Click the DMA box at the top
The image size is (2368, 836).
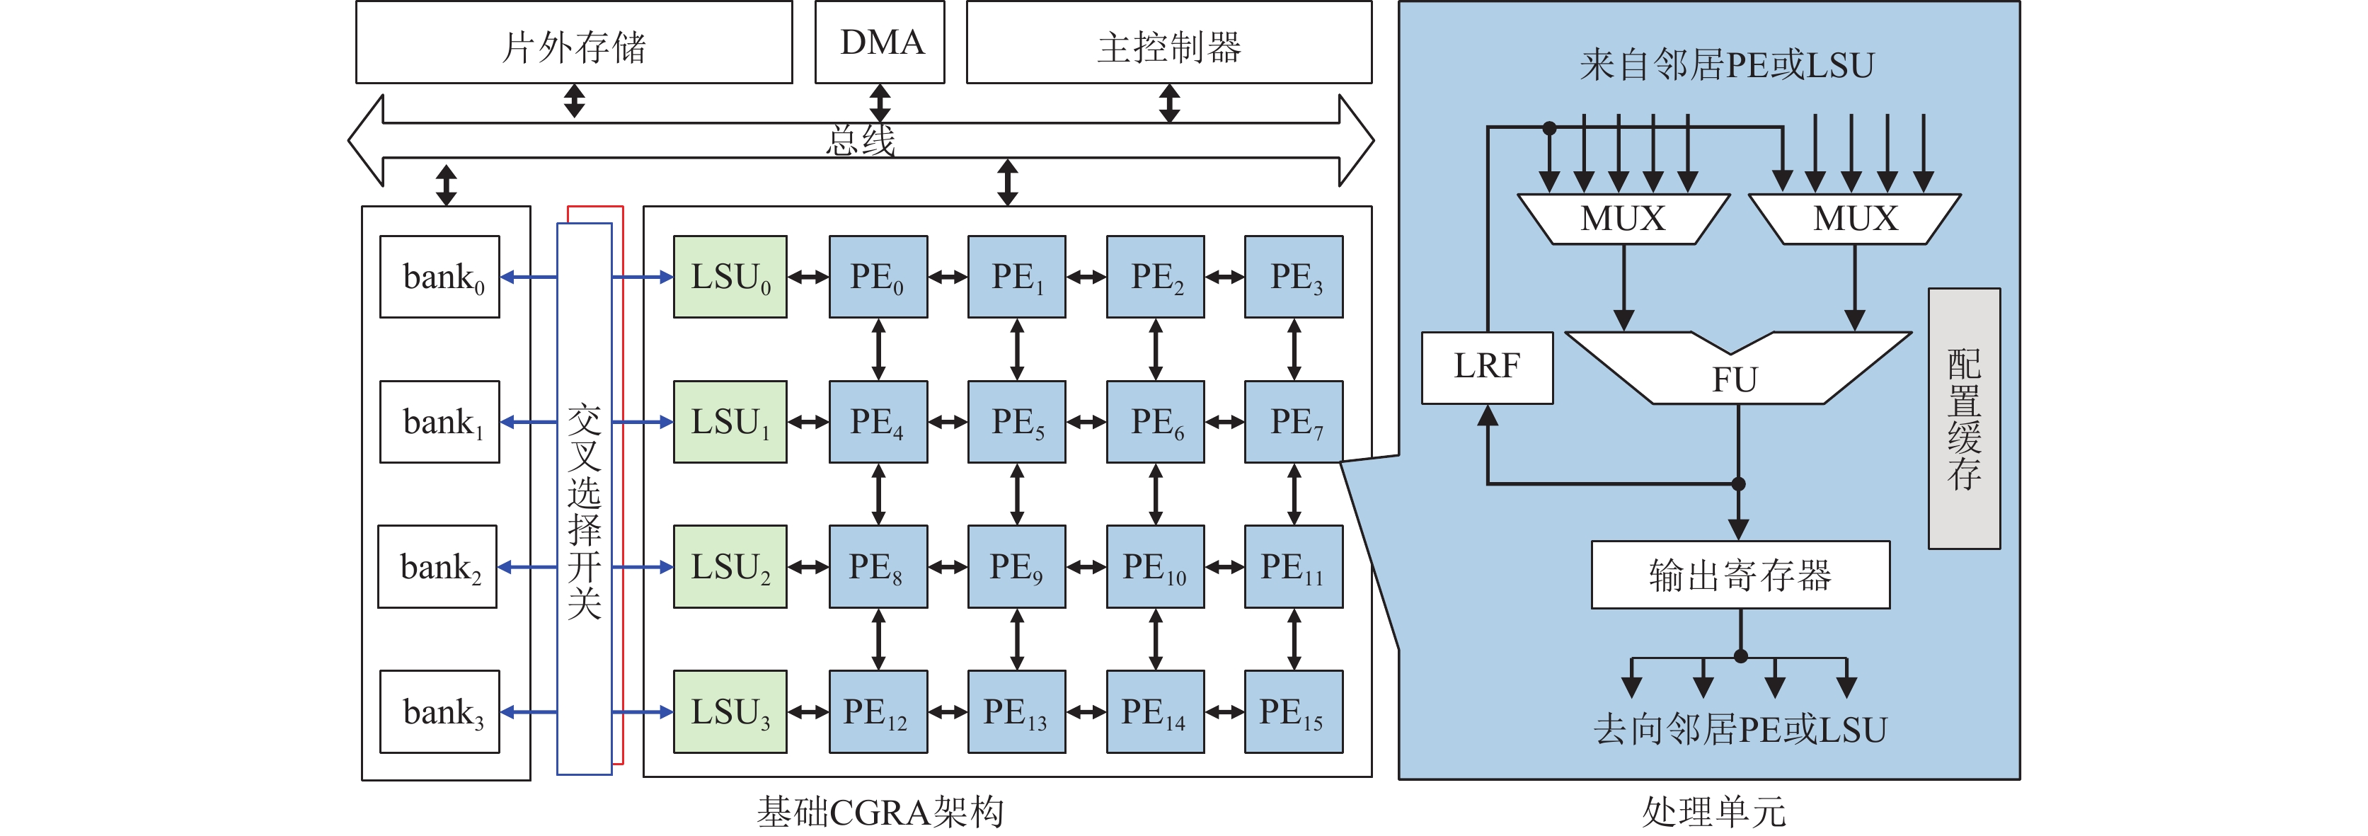click(x=880, y=42)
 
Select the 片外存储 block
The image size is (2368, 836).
click(x=574, y=43)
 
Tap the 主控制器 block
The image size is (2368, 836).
click(x=1168, y=43)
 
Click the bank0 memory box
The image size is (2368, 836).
click(x=439, y=277)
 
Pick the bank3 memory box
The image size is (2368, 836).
click(x=439, y=712)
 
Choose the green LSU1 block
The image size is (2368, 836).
click(x=730, y=422)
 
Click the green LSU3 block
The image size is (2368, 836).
click(x=730, y=712)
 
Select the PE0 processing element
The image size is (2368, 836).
click(x=878, y=277)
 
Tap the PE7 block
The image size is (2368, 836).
click(x=1294, y=422)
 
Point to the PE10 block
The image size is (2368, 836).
click(x=1154, y=566)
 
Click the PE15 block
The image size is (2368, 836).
click(x=1294, y=712)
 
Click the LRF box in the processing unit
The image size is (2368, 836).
click(x=1486, y=367)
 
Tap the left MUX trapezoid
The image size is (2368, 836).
click(x=1623, y=219)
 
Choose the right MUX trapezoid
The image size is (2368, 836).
click(x=1855, y=219)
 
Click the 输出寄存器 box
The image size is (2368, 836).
click(x=1740, y=575)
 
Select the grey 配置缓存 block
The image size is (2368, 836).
click(x=1963, y=418)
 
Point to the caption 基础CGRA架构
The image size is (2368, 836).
click(x=880, y=812)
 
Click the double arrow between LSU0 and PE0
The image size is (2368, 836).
click(x=808, y=277)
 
